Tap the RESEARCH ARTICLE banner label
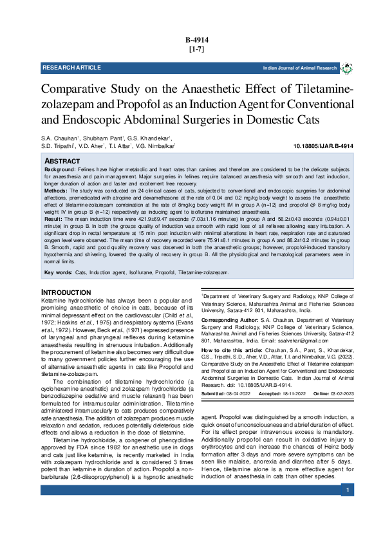point(71,68)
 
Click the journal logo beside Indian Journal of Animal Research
point(346,68)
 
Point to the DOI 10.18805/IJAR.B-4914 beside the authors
point(322,146)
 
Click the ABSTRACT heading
point(62,160)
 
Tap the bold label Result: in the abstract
point(53,220)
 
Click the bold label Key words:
point(58,273)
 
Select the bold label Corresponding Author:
point(230,320)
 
